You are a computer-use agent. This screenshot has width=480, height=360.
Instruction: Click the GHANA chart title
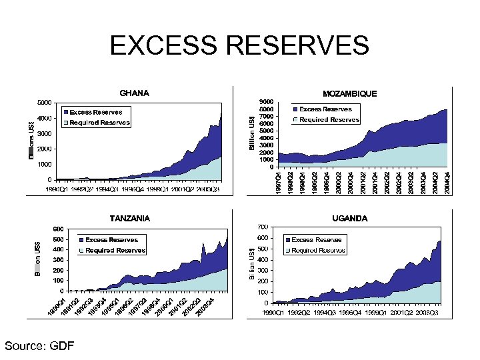coord(134,93)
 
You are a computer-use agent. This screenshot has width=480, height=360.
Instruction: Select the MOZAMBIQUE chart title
coord(349,94)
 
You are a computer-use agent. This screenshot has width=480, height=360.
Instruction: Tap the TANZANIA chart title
coord(129,218)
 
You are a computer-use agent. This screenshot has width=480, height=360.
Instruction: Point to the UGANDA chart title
coord(349,218)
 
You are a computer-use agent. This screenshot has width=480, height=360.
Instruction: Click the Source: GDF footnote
coord(39,345)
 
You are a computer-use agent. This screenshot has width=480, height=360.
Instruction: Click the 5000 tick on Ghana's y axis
coord(45,103)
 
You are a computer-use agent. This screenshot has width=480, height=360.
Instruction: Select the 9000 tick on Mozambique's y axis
coord(266,102)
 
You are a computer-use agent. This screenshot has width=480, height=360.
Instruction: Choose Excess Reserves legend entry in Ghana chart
coord(95,112)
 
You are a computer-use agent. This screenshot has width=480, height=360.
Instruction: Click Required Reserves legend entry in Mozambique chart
coord(329,120)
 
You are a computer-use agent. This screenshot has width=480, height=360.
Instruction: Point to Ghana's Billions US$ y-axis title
coord(31,139)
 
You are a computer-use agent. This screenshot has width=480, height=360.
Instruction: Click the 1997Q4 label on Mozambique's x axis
coord(278,183)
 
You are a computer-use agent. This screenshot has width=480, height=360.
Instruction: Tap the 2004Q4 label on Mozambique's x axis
coord(446,183)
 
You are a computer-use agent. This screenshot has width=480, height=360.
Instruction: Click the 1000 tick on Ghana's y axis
coord(45,164)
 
